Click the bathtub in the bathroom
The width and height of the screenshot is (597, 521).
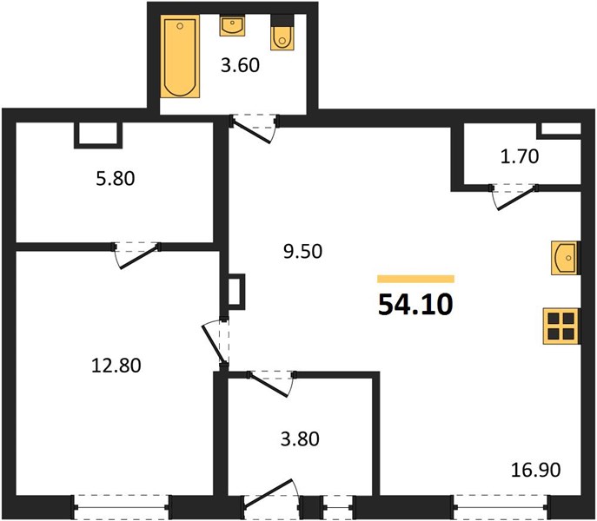[180, 56]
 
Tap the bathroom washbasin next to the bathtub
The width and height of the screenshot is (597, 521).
[232, 25]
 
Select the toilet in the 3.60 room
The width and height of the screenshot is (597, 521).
[282, 32]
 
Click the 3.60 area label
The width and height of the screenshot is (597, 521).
[240, 65]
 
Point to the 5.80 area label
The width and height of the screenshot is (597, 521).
[116, 179]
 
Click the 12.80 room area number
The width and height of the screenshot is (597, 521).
[116, 366]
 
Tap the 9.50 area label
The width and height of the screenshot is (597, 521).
[302, 251]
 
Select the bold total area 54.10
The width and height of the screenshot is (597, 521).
[415, 305]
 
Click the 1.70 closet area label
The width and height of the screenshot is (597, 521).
[520, 156]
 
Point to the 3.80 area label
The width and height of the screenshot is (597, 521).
[300, 439]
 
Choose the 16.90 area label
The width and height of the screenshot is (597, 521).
[535, 470]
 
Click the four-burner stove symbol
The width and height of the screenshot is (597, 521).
[561, 326]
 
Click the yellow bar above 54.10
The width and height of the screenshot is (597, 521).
[415, 279]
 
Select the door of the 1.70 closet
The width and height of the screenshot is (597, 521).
[514, 196]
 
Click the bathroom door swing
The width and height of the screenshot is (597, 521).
[255, 129]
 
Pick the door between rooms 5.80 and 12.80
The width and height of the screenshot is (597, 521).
[136, 254]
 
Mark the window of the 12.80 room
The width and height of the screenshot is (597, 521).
[122, 507]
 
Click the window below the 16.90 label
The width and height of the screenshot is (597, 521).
[501, 507]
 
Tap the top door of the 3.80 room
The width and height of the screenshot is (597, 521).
[271, 383]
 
